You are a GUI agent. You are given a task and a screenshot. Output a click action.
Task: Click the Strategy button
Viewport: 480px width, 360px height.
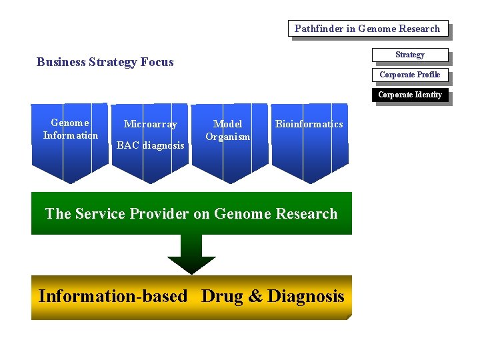(x=409, y=55)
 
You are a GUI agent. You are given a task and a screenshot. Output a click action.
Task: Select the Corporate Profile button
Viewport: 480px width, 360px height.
(x=409, y=75)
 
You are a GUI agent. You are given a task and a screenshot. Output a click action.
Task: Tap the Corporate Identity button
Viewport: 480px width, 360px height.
(x=409, y=95)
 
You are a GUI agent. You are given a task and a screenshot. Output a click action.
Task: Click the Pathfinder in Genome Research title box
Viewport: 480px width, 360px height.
(x=367, y=29)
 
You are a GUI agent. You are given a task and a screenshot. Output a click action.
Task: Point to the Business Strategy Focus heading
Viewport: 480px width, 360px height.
(x=105, y=62)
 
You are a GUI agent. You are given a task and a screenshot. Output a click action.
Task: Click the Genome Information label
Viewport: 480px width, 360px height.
(x=70, y=129)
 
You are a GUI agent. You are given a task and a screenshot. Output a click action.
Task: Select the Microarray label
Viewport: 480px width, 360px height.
(x=151, y=124)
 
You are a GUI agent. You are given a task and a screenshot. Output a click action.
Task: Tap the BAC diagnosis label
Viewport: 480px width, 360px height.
(x=151, y=145)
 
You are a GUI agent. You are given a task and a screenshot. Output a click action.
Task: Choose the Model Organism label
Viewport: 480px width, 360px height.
(x=227, y=130)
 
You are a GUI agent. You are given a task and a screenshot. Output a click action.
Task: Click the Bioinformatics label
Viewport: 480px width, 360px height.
(x=309, y=124)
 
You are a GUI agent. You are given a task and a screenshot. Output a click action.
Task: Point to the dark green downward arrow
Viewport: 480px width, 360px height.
(x=191, y=254)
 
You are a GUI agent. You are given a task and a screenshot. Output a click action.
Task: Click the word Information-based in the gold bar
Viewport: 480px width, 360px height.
(x=113, y=297)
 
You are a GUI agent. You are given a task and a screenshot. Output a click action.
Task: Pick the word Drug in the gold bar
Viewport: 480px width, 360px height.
(x=222, y=297)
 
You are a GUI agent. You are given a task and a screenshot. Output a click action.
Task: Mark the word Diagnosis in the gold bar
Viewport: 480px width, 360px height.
(x=305, y=297)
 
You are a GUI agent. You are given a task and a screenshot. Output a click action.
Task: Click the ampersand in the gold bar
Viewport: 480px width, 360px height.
(x=255, y=297)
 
